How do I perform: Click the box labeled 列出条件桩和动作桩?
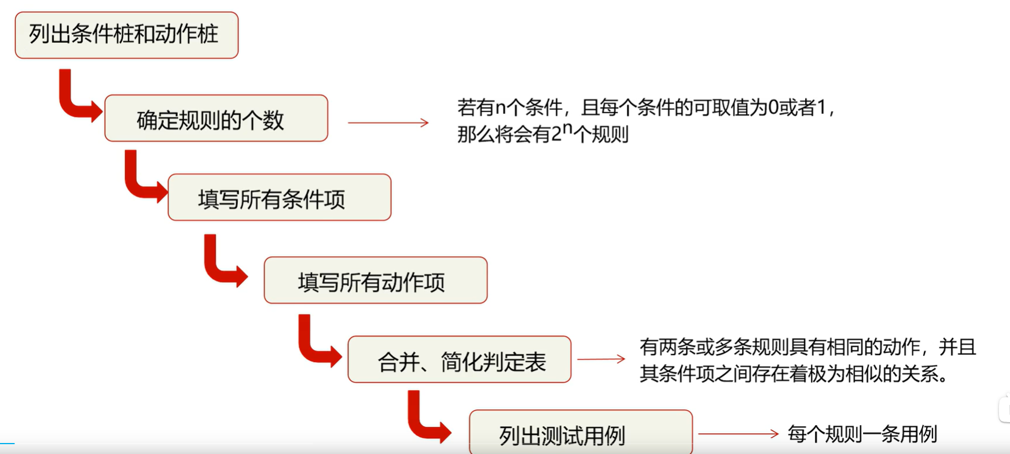tap(126, 35)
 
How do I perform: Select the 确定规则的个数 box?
tap(216, 119)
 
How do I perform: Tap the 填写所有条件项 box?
tap(279, 198)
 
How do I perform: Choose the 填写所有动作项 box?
tap(375, 280)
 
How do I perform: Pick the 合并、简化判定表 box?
tap(459, 360)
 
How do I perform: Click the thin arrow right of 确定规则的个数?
tap(388, 123)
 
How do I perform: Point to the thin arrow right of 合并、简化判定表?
tap(601, 359)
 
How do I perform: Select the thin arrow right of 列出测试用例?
tap(738, 434)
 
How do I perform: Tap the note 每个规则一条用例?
tap(862, 434)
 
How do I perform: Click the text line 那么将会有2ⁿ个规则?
tap(542, 134)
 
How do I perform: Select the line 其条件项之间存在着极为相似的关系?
tap(794, 374)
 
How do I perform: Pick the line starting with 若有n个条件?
tap(645, 108)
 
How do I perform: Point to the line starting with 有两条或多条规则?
tap(807, 347)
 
